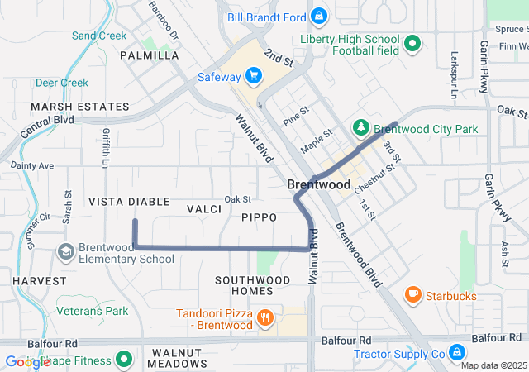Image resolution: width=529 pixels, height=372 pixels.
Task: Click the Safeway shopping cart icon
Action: (254, 77)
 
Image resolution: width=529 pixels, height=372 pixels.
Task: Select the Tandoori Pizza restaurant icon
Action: (265, 317)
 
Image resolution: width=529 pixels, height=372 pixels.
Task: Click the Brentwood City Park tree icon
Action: (360, 128)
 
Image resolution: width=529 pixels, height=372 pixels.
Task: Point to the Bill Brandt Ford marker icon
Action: (318, 16)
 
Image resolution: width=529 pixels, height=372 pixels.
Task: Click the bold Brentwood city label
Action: (320, 185)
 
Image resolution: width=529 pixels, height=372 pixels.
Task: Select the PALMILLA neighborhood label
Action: (150, 55)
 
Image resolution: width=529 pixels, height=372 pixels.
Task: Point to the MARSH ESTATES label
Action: (80, 107)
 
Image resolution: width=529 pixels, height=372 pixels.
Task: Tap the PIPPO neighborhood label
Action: (259, 217)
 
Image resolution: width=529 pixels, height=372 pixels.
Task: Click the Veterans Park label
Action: (93, 311)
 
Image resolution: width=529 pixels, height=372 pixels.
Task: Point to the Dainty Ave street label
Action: (32, 165)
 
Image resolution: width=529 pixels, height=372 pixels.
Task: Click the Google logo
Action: (27, 361)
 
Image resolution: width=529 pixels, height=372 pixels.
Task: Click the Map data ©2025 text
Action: (493, 365)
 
